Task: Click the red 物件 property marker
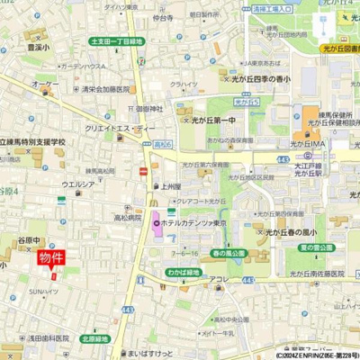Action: click(x=51, y=258)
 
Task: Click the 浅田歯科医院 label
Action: click(x=48, y=337)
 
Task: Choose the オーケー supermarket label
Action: click(x=42, y=84)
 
